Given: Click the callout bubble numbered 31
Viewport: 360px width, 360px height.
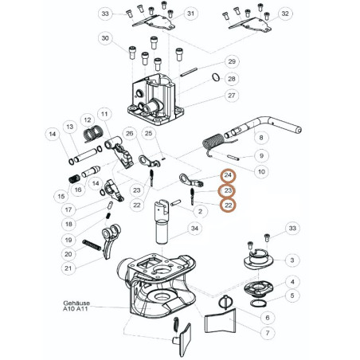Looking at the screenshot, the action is tap(190, 14).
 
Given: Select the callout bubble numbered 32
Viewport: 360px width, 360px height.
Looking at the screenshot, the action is tap(285, 14).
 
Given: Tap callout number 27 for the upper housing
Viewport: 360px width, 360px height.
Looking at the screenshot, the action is tap(232, 96).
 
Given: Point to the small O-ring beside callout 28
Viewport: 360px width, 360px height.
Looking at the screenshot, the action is tap(216, 77).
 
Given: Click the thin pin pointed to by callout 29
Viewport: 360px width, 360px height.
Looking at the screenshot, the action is tap(189, 72).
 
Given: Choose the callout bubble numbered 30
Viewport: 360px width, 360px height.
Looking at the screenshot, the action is tap(105, 38).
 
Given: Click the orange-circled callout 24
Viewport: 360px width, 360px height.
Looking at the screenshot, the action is tap(228, 175).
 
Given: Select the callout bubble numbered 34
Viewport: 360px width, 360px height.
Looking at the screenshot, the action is tap(194, 229).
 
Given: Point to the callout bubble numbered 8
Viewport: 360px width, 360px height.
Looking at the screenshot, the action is tap(261, 138).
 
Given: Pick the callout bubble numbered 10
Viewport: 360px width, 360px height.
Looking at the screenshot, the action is tap(261, 171).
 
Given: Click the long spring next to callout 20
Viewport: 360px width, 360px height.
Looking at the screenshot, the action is tap(92, 245).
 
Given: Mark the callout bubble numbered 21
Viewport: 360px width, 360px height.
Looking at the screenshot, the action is tap(68, 268).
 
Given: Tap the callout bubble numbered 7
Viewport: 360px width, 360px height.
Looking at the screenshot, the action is tap(268, 333).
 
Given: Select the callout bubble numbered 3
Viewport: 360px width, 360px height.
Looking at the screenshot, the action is tap(292, 260).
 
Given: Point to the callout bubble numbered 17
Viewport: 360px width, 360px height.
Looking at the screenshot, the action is tap(68, 209).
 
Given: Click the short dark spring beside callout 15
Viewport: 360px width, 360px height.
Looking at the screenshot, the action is tap(74, 179).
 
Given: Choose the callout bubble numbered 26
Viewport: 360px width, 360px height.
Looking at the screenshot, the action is tap(129, 133).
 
